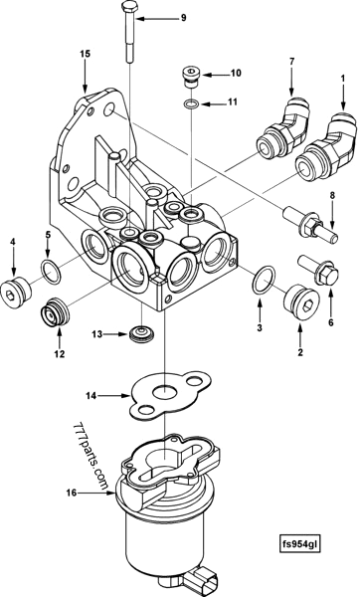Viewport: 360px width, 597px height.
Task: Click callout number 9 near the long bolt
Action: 182,18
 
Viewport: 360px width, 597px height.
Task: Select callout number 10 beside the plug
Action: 236,73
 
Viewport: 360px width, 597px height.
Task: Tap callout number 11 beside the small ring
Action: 233,102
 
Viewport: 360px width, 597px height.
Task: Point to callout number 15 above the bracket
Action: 85,53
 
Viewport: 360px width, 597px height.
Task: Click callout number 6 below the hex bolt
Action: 318,322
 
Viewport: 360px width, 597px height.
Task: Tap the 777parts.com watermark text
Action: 90,454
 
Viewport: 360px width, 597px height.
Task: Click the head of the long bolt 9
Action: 131,10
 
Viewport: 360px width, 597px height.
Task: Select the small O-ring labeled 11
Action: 189,102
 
